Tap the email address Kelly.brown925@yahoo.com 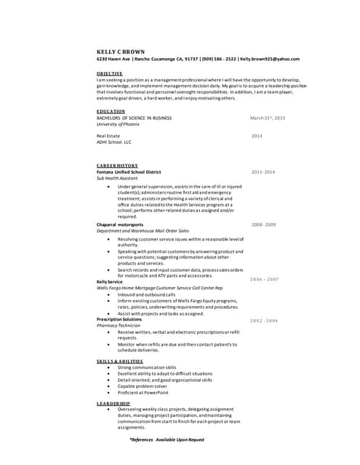(x=270, y=59)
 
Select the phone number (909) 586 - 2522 (x=212, y=59)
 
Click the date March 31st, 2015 (x=268, y=118)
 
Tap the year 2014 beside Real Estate (x=257, y=136)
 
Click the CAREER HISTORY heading (x=117, y=166)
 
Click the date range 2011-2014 (x=263, y=172)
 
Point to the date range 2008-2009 (x=263, y=225)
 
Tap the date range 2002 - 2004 (x=264, y=320)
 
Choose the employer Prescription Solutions (x=119, y=319)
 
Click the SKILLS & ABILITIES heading (x=120, y=361)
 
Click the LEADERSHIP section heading (x=113, y=403)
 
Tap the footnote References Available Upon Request (x=167, y=440)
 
